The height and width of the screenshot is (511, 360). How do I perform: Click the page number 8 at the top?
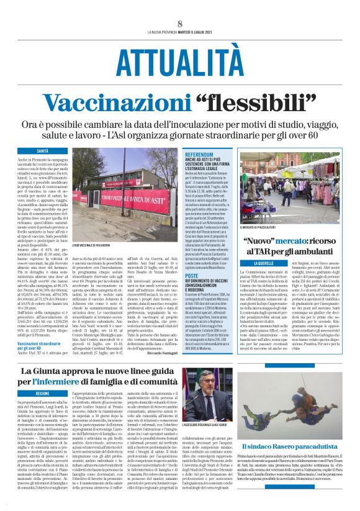(179, 23)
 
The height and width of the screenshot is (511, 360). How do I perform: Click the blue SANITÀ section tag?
(44, 151)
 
